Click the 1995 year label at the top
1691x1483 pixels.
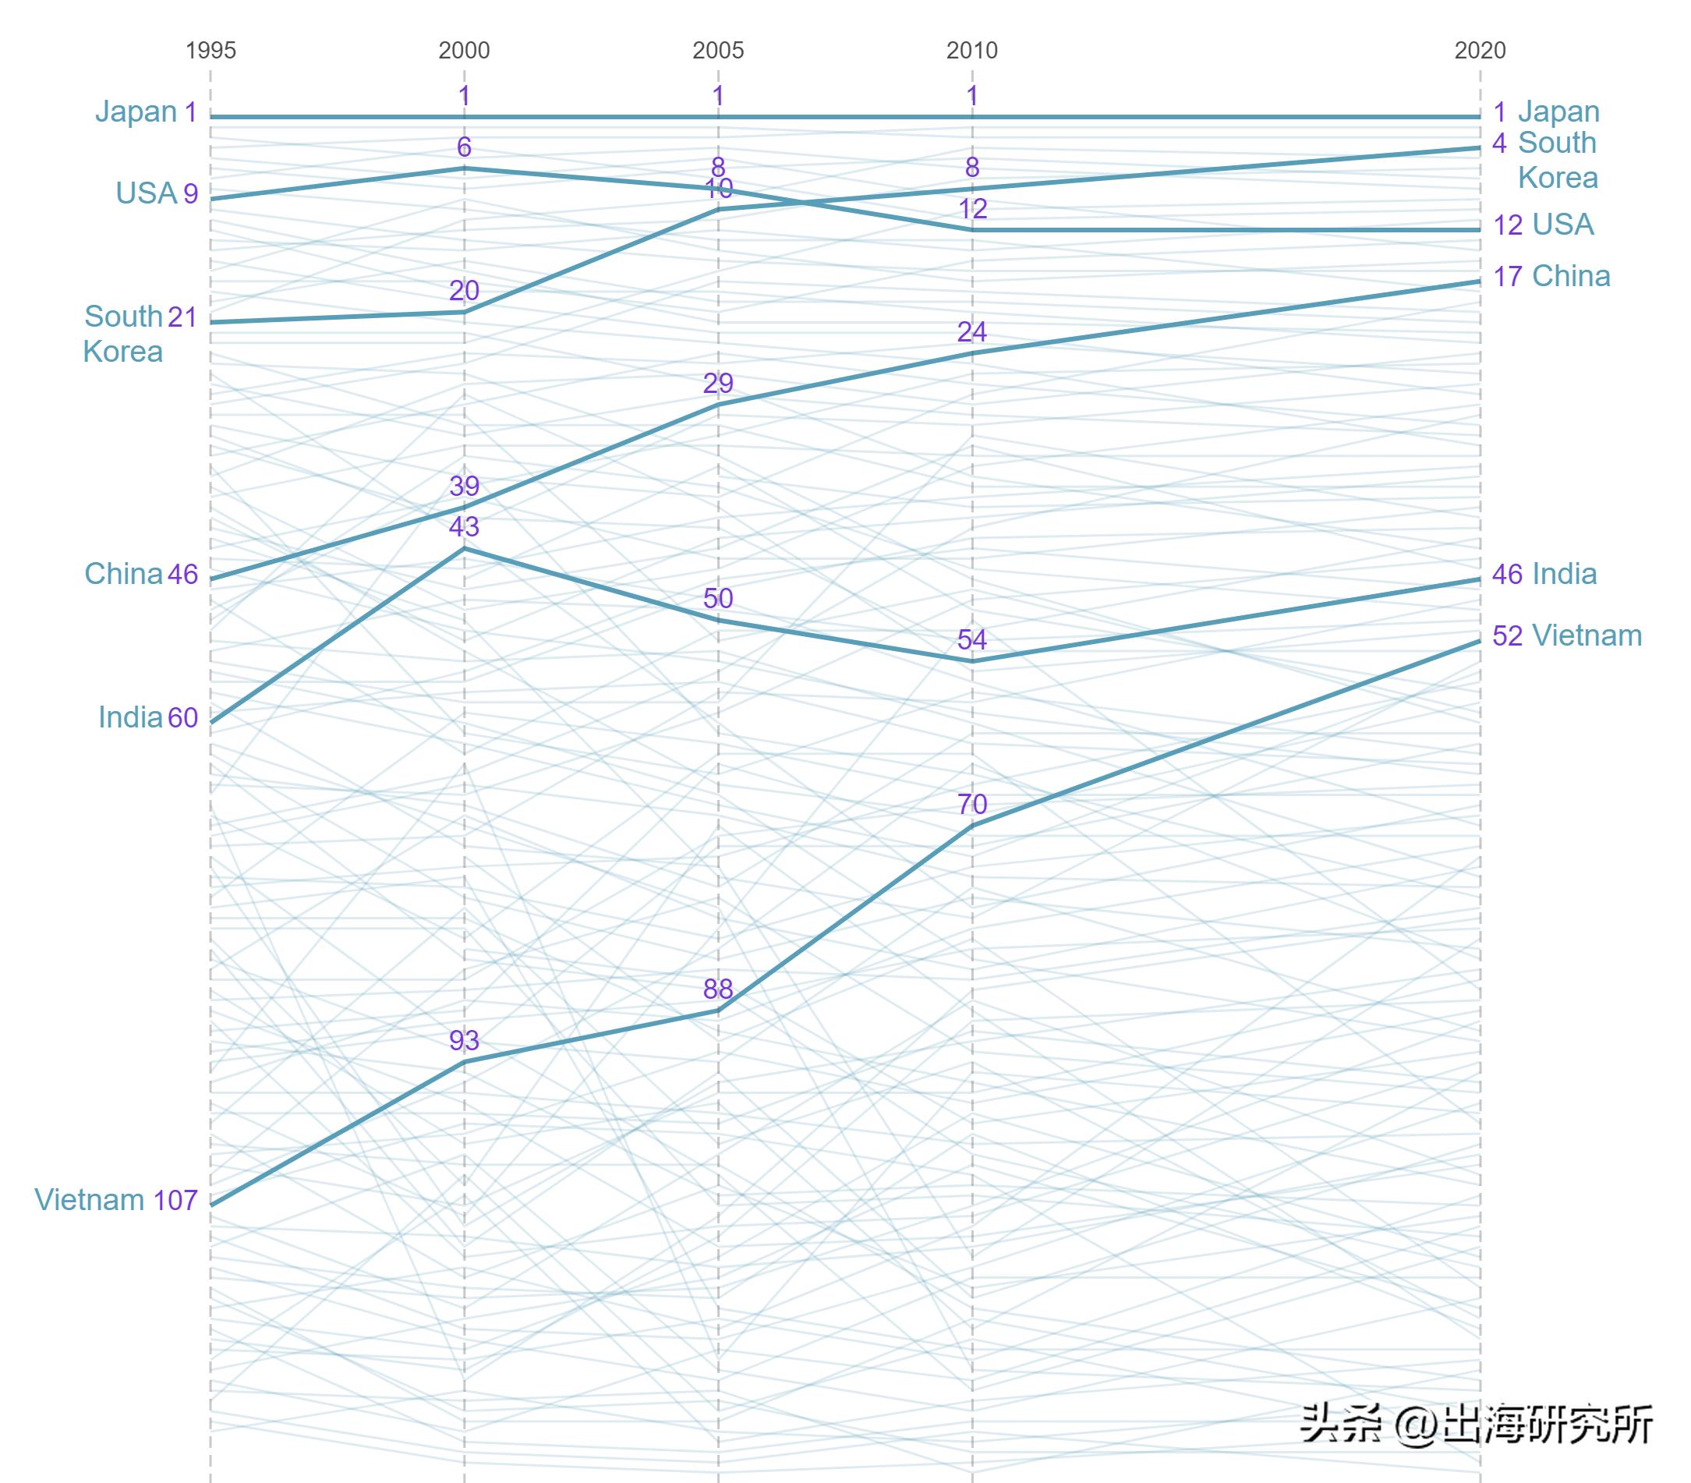pyautogui.click(x=210, y=51)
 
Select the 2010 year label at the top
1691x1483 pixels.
pyautogui.click(x=972, y=51)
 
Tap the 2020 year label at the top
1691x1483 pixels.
pyautogui.click(x=1480, y=51)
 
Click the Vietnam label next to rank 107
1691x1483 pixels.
pyautogui.click(x=90, y=1199)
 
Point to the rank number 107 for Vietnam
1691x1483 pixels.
pyautogui.click(x=175, y=1199)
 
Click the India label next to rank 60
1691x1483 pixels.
pyautogui.click(x=130, y=717)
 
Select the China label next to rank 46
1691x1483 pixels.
pyautogui.click(x=123, y=574)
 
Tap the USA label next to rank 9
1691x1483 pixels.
pyautogui.click(x=146, y=193)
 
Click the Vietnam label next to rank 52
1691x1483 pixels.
pyautogui.click(x=1587, y=635)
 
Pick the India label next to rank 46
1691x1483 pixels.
pyautogui.click(x=1564, y=574)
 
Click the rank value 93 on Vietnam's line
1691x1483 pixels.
pyautogui.click(x=464, y=1040)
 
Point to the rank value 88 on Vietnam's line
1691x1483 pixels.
pyautogui.click(x=718, y=989)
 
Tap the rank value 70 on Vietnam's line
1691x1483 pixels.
pyautogui.click(x=972, y=804)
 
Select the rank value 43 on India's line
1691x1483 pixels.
pyautogui.click(x=464, y=526)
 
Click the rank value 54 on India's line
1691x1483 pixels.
pyautogui.click(x=972, y=639)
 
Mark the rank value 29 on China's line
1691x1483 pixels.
pyautogui.click(x=718, y=382)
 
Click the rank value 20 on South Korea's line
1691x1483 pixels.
pyautogui.click(x=464, y=291)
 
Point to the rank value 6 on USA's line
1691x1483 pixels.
pyautogui.click(x=464, y=147)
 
